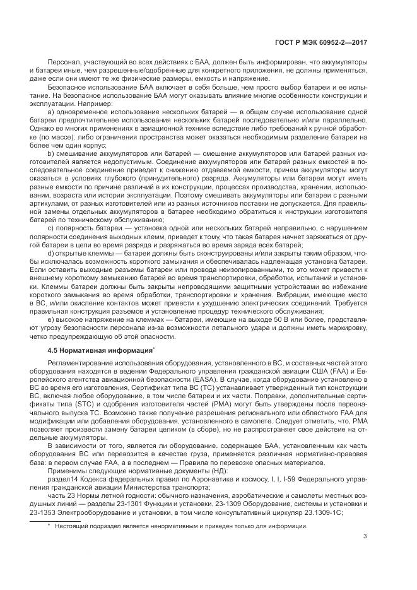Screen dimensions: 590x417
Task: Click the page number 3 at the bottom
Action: [365, 537]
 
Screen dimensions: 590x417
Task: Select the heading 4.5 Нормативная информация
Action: [100, 349]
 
